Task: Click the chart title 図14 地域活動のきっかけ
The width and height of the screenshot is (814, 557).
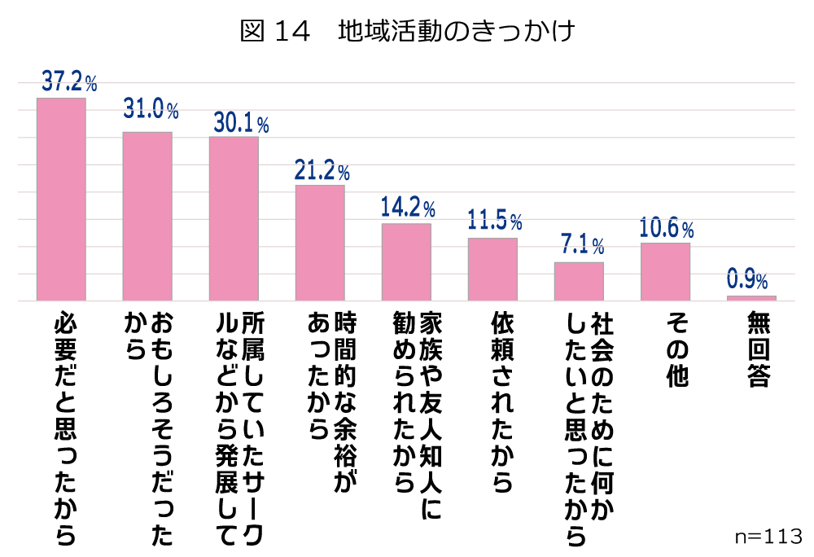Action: coord(408,32)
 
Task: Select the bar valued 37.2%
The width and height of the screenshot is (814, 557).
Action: coord(61,200)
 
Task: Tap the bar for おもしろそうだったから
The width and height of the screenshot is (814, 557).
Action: coord(147,217)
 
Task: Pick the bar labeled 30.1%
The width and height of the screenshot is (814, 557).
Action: coord(234,219)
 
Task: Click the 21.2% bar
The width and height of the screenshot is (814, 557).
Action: coord(320,243)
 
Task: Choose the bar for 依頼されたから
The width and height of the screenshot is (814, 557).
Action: coord(492,270)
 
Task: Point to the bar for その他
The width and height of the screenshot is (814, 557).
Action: coord(665,272)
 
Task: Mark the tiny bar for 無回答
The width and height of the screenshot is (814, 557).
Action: coord(751,298)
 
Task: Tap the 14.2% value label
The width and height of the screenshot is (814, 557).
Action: coord(407,207)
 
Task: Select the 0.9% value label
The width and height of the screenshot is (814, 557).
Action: coord(747,280)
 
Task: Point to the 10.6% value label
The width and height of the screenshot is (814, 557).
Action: coord(667,227)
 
